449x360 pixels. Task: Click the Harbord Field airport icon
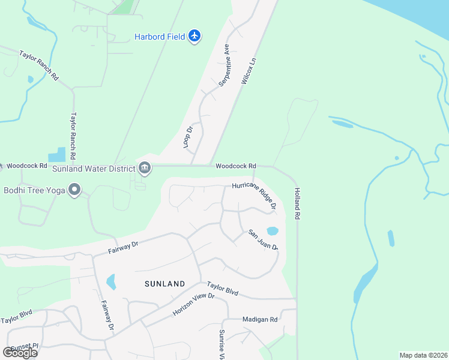pyautogui.click(x=194, y=36)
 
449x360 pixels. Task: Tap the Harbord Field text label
pyautogui.click(x=158, y=37)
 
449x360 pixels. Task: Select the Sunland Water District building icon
pyautogui.click(x=145, y=167)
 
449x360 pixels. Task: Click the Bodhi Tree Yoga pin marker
pyautogui.click(x=74, y=190)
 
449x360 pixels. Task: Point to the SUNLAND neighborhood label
pyautogui.click(x=165, y=283)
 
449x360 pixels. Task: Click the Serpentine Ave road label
pyautogui.click(x=224, y=65)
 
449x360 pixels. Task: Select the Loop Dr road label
pyautogui.click(x=188, y=137)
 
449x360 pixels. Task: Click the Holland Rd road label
pyautogui.click(x=297, y=204)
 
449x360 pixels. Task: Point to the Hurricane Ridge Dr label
pyautogui.click(x=255, y=194)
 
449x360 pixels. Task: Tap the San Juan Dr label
pyautogui.click(x=264, y=239)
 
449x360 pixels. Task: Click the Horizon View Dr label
pyautogui.click(x=193, y=305)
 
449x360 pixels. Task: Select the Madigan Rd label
pyautogui.click(x=260, y=320)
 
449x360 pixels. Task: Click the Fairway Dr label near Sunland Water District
pyautogui.click(x=124, y=246)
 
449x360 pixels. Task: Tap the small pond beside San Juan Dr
pyautogui.click(x=272, y=231)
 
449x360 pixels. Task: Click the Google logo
pyautogui.click(x=20, y=352)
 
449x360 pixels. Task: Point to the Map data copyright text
pyautogui.click(x=423, y=355)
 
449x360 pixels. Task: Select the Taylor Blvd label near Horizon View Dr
pyautogui.click(x=223, y=289)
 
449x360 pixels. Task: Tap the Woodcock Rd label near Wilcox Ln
pyautogui.click(x=236, y=166)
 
